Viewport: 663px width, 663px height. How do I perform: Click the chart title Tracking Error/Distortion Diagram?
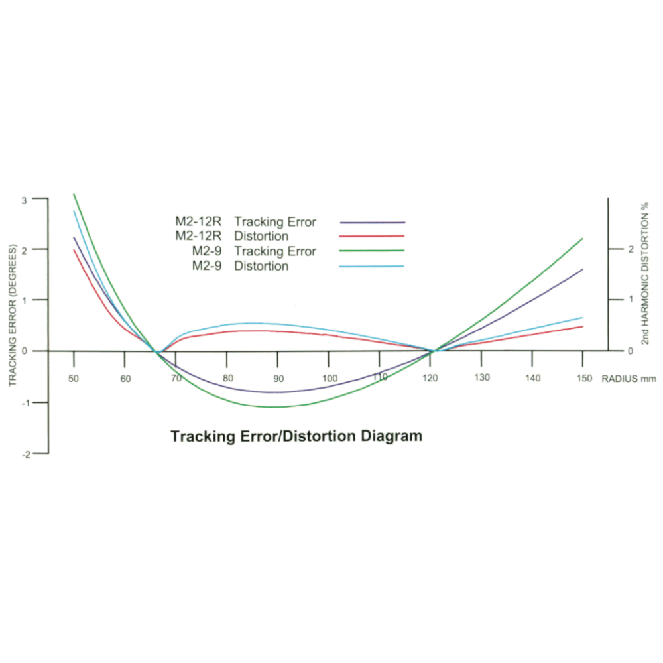pos(296,436)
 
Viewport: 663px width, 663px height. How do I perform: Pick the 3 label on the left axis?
pos(25,199)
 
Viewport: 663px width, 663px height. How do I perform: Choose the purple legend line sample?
pos(372,223)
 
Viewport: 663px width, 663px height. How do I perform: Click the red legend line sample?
pos(372,236)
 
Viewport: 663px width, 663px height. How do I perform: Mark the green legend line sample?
pos(372,251)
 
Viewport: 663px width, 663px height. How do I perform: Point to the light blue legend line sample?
pos(372,266)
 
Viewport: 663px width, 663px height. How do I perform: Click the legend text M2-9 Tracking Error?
pos(254,251)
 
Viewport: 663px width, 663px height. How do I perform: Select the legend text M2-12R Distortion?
pos(232,237)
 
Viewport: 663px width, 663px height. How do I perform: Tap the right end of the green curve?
pos(582,239)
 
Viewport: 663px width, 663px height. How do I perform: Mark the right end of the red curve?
pos(582,326)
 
